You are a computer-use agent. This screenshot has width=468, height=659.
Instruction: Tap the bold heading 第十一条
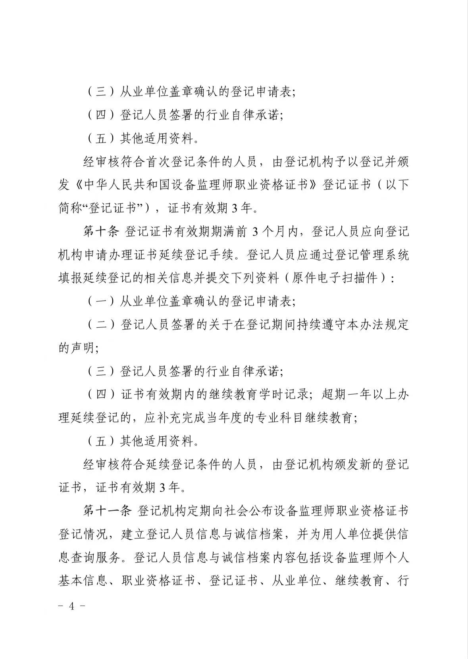107,511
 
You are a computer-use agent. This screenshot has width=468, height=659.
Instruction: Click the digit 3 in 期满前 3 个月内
256,232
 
